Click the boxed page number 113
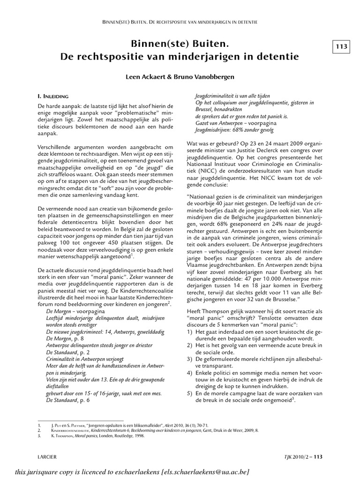(341, 46)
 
